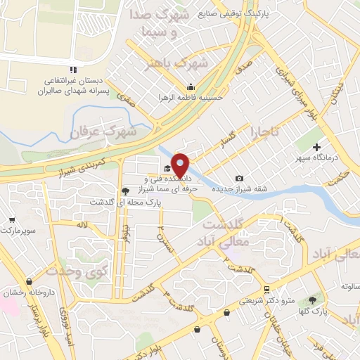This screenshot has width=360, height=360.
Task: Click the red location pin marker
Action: point(180,165)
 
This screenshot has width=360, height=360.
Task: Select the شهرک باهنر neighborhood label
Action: point(184,65)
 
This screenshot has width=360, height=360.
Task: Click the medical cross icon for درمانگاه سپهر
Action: point(318,148)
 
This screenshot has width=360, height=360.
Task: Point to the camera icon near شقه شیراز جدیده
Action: point(240,179)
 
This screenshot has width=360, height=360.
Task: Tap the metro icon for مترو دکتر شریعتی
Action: point(266,290)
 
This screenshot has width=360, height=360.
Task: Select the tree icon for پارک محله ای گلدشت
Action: point(125,191)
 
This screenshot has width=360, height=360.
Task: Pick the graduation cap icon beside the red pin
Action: point(167,168)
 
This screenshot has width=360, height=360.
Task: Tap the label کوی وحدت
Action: point(70,270)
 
